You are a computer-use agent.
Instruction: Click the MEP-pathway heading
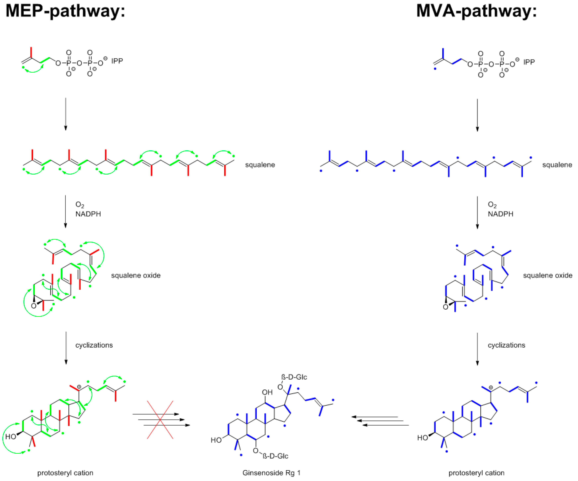pyautogui.click(x=65, y=11)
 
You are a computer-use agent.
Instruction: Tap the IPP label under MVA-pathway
pyautogui.click(x=529, y=62)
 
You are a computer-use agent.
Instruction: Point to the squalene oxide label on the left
pyautogui.click(x=136, y=275)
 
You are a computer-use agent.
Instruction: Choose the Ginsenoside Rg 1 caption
pyautogui.click(x=271, y=473)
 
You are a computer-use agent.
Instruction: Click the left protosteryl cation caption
pyautogui.click(x=65, y=473)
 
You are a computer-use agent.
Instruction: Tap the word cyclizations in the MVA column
pyautogui.click(x=506, y=345)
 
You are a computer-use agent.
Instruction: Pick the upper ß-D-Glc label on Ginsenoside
pyautogui.click(x=294, y=377)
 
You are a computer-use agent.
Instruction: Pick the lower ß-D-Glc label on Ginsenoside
pyautogui.click(x=275, y=456)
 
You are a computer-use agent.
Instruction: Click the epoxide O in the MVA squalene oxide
pyautogui.click(x=445, y=307)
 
